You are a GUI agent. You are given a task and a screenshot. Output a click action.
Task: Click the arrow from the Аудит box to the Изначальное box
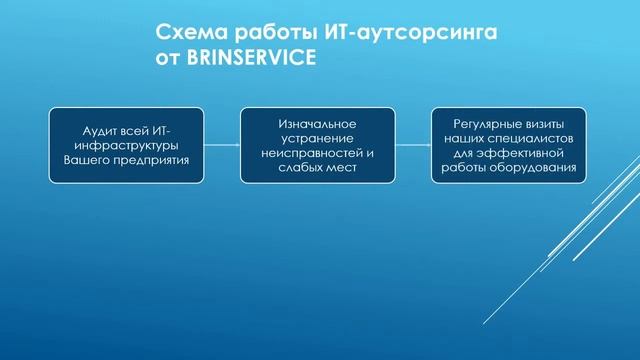222,145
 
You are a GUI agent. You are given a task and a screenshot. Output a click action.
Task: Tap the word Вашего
86,159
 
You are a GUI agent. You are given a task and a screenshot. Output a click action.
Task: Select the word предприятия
150,159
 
